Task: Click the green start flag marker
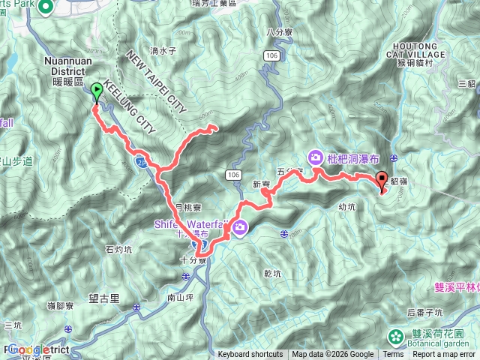point(97,93)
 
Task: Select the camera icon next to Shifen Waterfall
point(240,228)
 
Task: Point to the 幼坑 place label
point(346,206)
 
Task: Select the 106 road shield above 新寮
point(232,174)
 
